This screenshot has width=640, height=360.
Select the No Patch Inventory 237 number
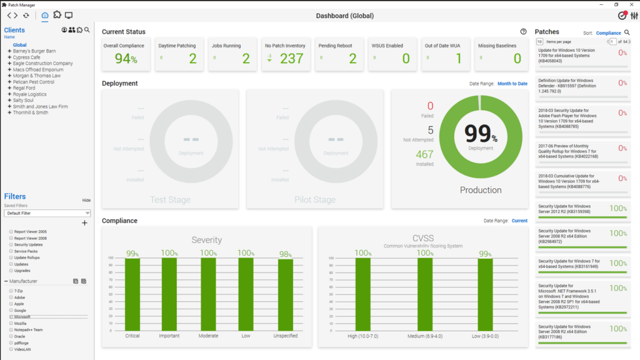291,59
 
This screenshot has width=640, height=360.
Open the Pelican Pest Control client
33,82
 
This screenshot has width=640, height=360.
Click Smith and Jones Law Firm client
40,106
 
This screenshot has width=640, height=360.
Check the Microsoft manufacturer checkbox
11,317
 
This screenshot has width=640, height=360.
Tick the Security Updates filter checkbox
11,244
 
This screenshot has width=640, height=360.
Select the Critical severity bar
132,294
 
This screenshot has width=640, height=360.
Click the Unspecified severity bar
285,294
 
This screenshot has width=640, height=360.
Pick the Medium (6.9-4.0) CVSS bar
425,294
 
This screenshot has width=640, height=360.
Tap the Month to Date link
512,84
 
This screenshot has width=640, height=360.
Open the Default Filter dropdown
47,213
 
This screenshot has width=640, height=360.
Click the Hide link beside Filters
86,200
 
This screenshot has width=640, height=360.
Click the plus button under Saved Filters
84,223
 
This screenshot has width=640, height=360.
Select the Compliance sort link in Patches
608,32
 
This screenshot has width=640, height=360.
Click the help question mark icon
523,32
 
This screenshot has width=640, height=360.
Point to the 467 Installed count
424,154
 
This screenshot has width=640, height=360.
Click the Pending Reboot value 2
352,59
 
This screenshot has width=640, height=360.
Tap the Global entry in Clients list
20,45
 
